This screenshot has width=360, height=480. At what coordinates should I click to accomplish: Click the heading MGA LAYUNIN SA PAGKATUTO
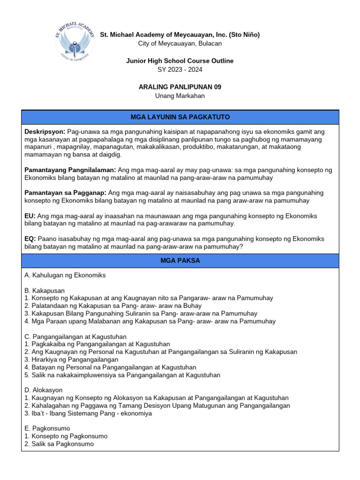[180, 117]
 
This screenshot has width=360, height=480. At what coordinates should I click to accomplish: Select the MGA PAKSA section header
[180, 261]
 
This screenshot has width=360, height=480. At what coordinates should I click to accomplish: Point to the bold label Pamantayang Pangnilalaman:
[70, 170]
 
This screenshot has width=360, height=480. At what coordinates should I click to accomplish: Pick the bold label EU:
[30, 216]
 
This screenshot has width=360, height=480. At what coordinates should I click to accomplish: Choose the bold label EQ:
[30, 239]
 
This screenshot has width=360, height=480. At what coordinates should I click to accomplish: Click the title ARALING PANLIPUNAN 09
[180, 87]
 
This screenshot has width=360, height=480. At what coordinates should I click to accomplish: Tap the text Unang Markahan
[180, 96]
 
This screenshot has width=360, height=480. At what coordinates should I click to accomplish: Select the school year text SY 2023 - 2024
[180, 70]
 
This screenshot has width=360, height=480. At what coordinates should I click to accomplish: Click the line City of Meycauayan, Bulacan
[180, 44]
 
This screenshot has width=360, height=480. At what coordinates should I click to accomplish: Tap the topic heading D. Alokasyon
[43, 390]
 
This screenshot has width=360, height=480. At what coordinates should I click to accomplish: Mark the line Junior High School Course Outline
[180, 61]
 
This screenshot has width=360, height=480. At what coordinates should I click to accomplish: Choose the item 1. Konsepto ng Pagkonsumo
[66, 436]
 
